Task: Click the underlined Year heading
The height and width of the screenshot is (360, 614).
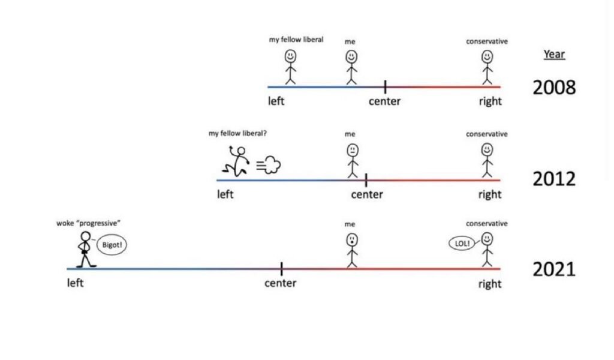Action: pyautogui.click(x=554, y=55)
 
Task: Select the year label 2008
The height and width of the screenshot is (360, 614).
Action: pyautogui.click(x=554, y=88)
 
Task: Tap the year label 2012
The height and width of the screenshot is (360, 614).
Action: pyautogui.click(x=554, y=179)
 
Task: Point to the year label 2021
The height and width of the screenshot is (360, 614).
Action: pyautogui.click(x=554, y=269)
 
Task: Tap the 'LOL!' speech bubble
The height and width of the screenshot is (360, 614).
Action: pyautogui.click(x=462, y=243)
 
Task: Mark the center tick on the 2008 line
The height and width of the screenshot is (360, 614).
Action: pyautogui.click(x=385, y=87)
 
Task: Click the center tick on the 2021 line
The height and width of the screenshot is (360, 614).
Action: pyautogui.click(x=281, y=268)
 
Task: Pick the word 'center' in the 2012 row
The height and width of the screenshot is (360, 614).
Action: pyautogui.click(x=367, y=194)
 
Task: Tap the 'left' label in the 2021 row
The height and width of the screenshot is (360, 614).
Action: pyautogui.click(x=75, y=283)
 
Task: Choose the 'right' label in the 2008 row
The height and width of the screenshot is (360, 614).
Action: pyautogui.click(x=490, y=101)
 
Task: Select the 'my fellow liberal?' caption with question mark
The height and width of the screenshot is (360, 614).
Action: pyautogui.click(x=237, y=133)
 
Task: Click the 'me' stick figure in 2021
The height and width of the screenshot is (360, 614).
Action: pyautogui.click(x=351, y=249)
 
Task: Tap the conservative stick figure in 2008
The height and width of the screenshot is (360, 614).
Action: pyautogui.click(x=487, y=66)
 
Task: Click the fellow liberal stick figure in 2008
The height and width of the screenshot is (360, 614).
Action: pyautogui.click(x=291, y=66)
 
